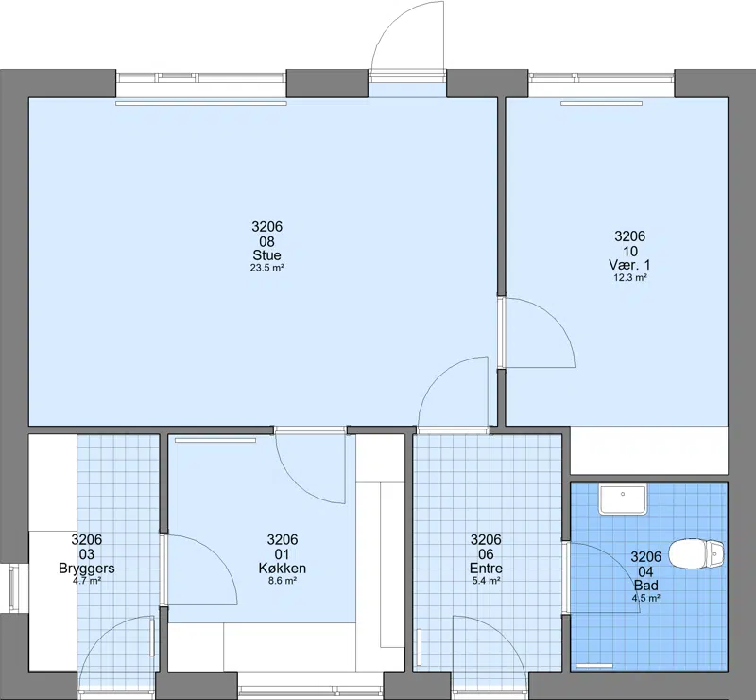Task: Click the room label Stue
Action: [x=266, y=254]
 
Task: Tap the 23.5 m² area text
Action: [x=266, y=268]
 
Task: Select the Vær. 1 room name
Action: [x=629, y=265]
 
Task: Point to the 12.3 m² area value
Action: [x=629, y=277]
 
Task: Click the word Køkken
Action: [x=282, y=569]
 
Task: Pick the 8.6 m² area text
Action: [x=282, y=581]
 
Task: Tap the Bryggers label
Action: [x=87, y=569]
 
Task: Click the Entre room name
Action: [x=486, y=569]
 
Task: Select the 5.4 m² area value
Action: [x=486, y=581]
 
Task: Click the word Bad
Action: [x=646, y=586]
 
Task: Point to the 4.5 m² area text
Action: [x=646, y=598]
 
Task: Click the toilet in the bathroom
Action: [x=696, y=553]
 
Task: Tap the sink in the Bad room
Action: [x=622, y=499]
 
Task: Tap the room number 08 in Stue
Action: [x=266, y=241]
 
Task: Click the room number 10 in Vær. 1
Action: [x=629, y=251]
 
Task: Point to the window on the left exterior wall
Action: [x=13, y=588]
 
